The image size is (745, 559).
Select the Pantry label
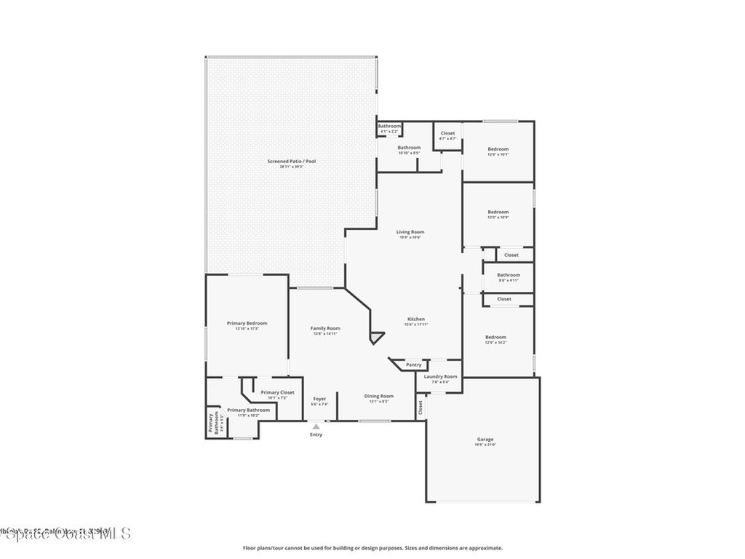tap(413, 365)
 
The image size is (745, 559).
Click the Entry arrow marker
tap(316, 427)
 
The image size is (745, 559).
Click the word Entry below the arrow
tap(316, 435)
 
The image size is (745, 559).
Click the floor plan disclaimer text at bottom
tap(372, 548)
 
